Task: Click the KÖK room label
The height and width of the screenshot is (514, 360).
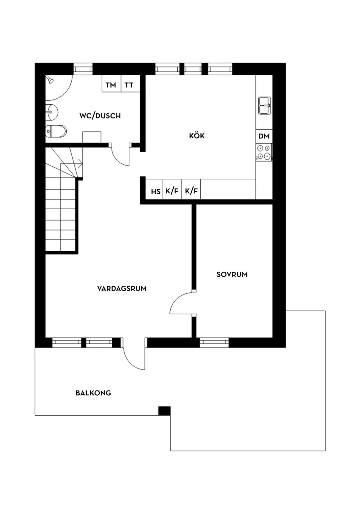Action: click(x=197, y=136)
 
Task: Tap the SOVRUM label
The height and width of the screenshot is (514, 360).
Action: click(x=232, y=274)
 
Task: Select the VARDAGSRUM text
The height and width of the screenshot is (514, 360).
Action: click(x=122, y=288)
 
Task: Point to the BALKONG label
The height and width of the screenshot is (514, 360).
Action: click(x=93, y=393)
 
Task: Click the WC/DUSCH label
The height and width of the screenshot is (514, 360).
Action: click(x=100, y=116)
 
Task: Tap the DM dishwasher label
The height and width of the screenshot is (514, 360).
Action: click(x=264, y=136)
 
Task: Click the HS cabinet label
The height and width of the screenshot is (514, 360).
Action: click(x=155, y=191)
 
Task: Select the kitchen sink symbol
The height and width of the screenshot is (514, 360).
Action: click(x=265, y=105)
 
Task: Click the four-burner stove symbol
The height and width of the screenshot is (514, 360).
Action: click(x=264, y=152)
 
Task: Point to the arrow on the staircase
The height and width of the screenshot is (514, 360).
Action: click(x=80, y=164)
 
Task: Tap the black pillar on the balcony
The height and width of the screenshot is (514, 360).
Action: click(x=164, y=411)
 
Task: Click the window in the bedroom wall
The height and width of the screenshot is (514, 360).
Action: click(x=214, y=342)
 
